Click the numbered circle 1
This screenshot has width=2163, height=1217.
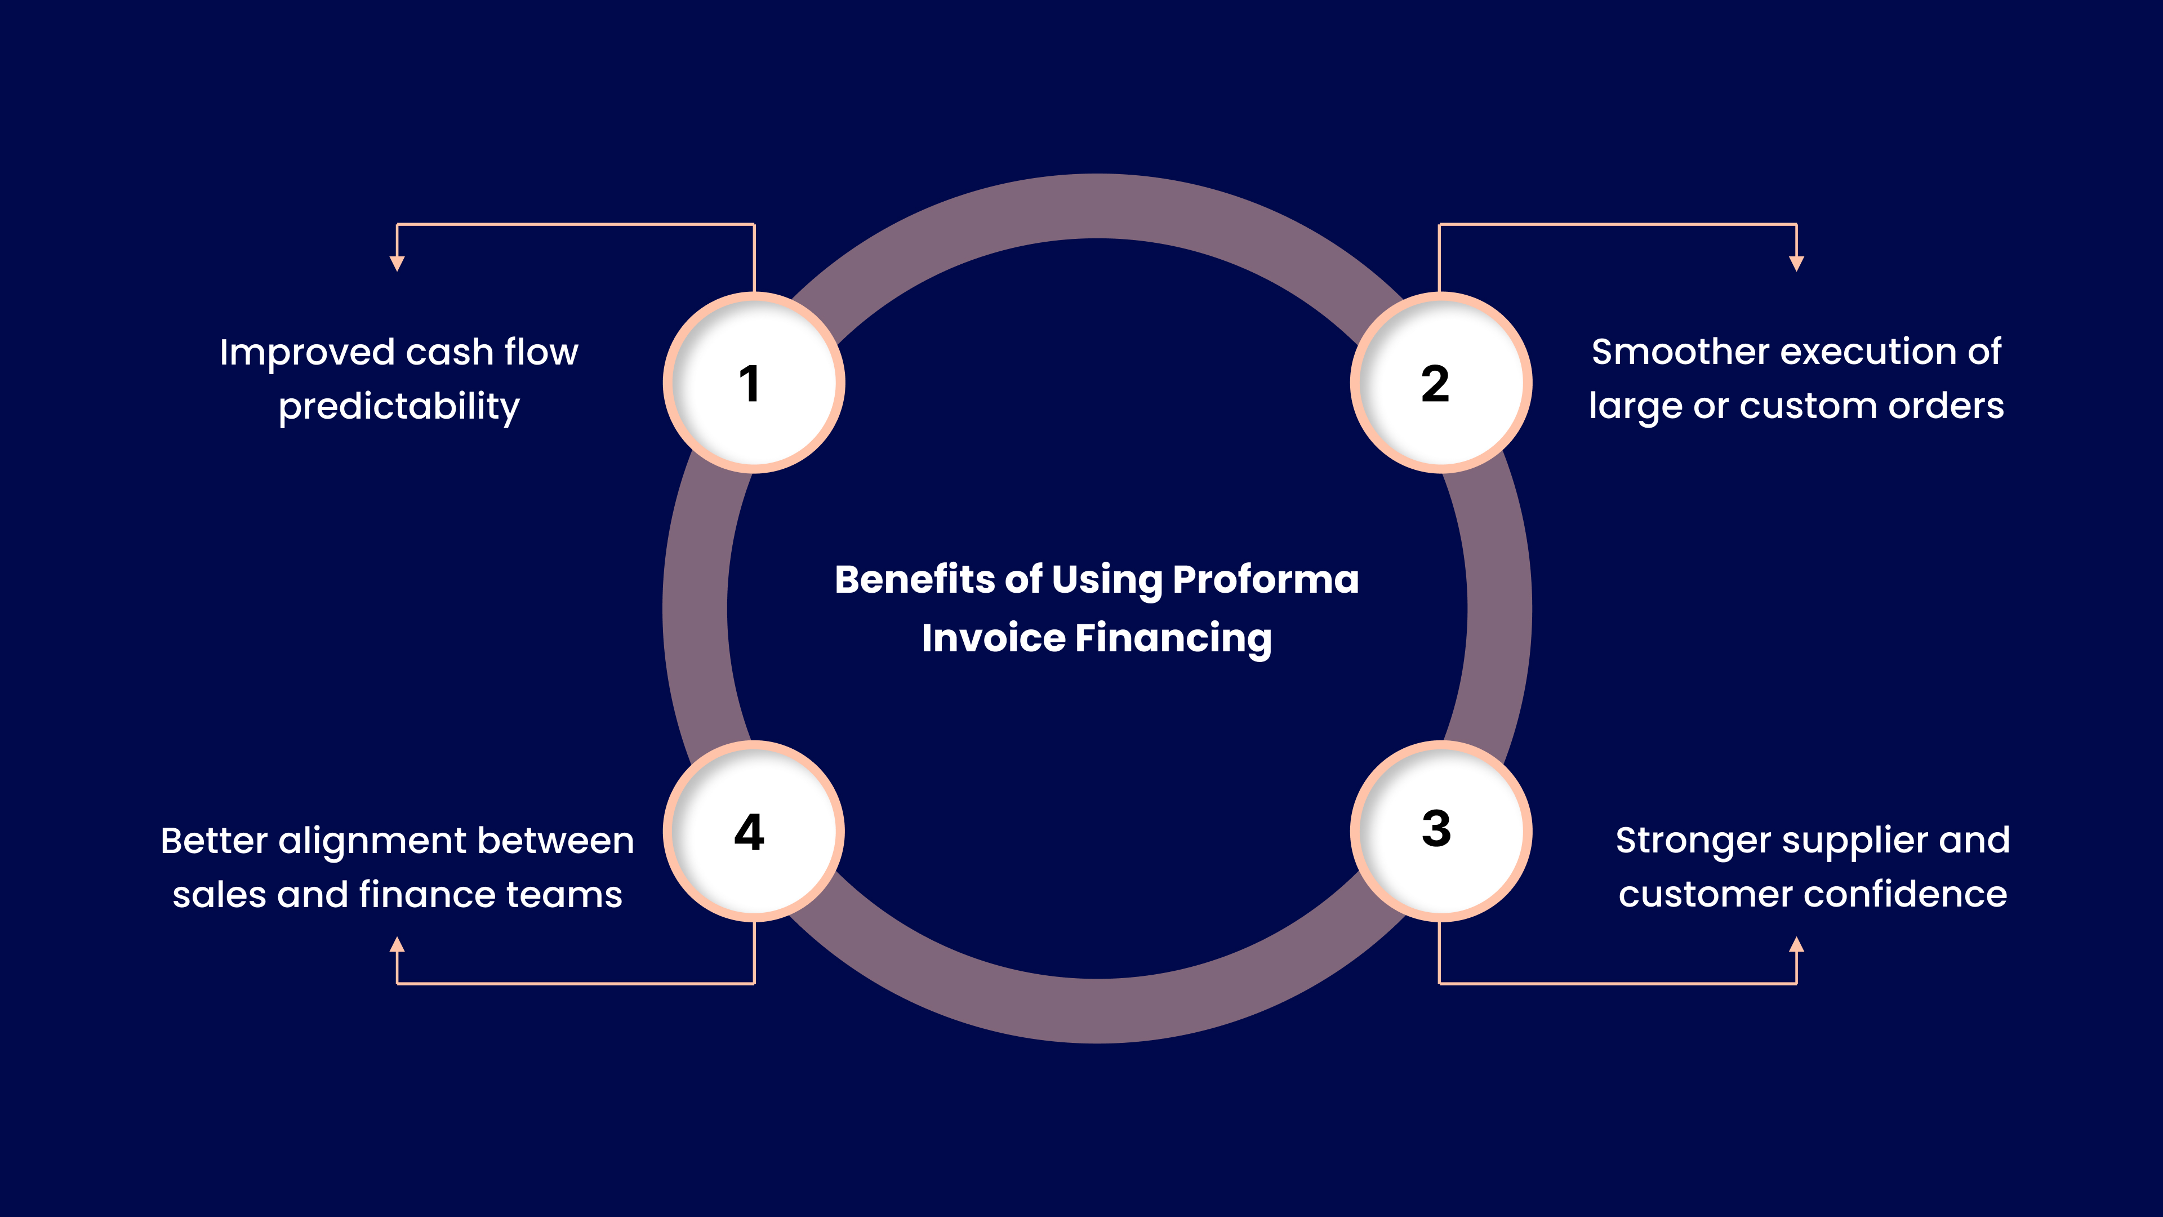click(753, 383)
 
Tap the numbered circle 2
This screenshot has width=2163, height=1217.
click(1440, 383)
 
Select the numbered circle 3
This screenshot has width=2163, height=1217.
click(1440, 830)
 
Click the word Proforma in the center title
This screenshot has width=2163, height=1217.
click(1265, 580)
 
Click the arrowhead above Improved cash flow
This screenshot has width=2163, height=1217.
click(397, 264)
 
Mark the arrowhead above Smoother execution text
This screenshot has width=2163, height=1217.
click(1796, 264)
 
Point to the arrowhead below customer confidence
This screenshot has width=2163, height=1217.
click(1796, 945)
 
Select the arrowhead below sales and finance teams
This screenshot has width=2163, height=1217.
click(397, 945)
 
